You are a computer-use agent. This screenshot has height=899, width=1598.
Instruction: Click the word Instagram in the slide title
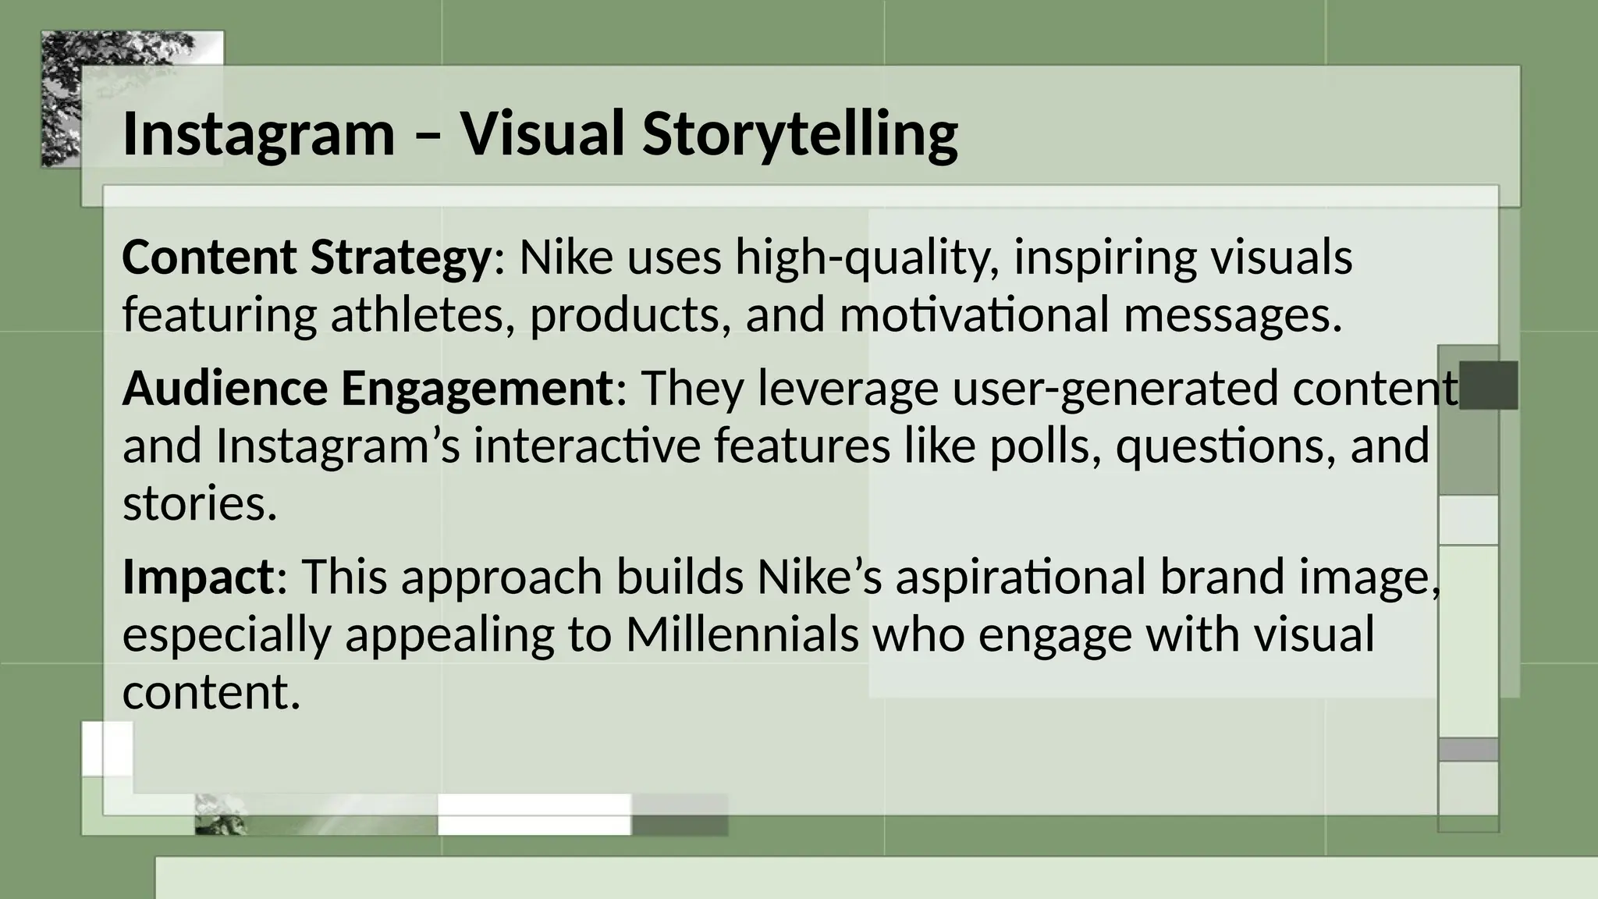pos(258,134)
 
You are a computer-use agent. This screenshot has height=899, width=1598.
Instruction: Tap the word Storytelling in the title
pos(800,134)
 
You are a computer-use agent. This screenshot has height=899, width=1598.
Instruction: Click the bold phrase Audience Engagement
pos(368,388)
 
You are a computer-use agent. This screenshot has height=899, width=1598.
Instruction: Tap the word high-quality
pos(867,258)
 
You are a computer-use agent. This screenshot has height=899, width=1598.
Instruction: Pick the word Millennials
pos(741,634)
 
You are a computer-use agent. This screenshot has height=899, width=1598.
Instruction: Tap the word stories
pos(200,504)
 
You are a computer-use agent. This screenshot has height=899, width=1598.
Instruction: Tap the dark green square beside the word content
pos(1488,386)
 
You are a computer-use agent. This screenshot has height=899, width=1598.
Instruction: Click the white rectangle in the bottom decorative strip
pos(534,814)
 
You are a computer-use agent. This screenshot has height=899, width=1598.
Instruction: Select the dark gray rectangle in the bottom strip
pos(679,814)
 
